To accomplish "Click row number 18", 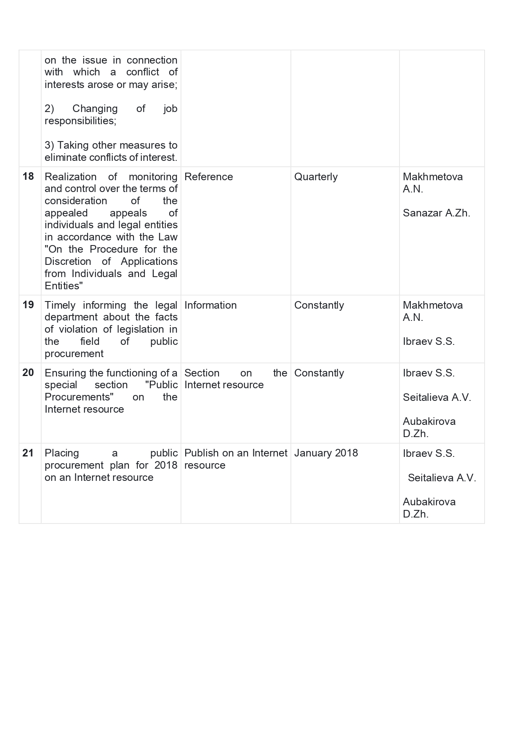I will [x=28, y=176].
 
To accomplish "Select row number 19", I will [x=28, y=305].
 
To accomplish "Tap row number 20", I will [x=28, y=373].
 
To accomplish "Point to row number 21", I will [x=28, y=453].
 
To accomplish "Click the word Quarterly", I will [x=316, y=177].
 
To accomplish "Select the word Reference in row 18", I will [x=208, y=177].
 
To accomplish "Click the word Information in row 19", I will [x=210, y=305].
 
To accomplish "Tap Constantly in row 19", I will [x=319, y=305].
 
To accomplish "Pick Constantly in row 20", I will [x=319, y=373].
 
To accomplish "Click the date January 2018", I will [x=326, y=453].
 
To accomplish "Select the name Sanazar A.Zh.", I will [x=436, y=213].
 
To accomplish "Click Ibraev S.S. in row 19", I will [x=429, y=341].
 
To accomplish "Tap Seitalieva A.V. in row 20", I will [x=437, y=398].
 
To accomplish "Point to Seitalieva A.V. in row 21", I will [x=442, y=478].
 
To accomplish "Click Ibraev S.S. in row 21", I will [x=429, y=454].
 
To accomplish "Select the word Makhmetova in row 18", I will [x=432, y=177].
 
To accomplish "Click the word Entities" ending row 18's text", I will [x=64, y=286].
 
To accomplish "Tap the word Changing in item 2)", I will [x=95, y=109].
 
